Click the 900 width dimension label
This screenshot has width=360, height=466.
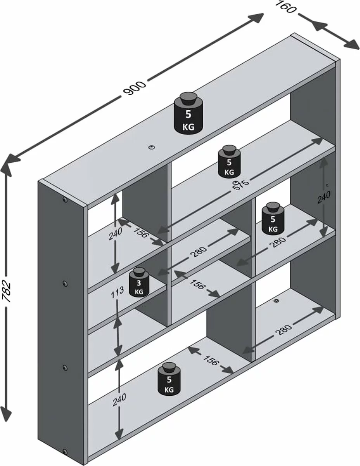[x=134, y=89]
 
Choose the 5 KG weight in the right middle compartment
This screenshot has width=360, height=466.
[x=273, y=220]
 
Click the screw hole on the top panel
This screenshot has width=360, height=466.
[x=151, y=147]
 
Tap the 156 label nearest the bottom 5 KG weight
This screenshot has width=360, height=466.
[x=211, y=361]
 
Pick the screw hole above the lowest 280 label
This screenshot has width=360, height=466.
[x=276, y=301]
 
